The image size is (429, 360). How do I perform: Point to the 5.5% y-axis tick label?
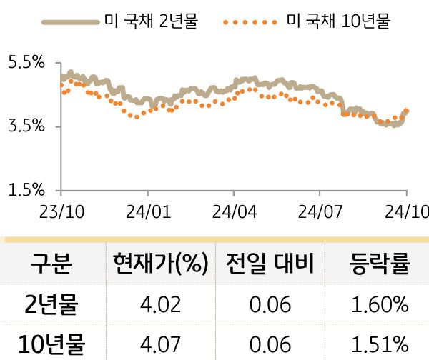point(26,64)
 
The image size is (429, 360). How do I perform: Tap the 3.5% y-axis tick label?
point(26,127)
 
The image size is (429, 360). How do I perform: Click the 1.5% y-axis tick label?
point(26,191)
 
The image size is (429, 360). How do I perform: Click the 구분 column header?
point(51,265)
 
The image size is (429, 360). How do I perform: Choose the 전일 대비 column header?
point(270,265)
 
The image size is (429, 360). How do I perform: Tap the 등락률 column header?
point(380,265)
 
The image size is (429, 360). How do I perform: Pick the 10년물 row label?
point(51,345)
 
